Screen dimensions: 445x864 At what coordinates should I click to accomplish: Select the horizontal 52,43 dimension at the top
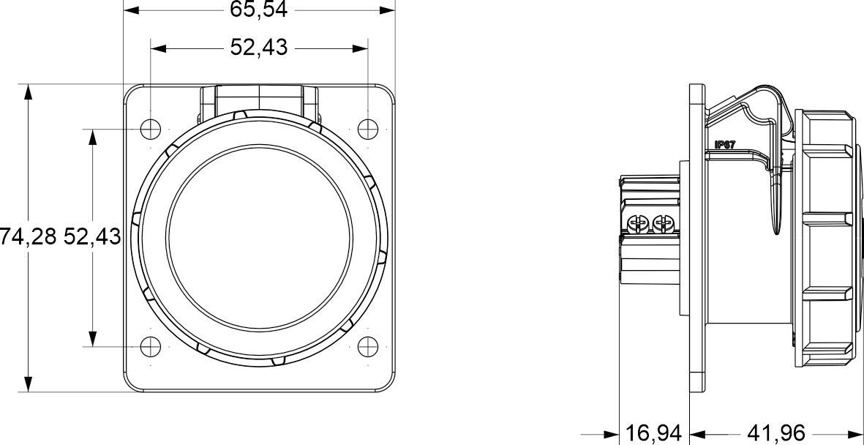[259, 48]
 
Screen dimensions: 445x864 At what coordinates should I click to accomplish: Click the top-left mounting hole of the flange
[150, 128]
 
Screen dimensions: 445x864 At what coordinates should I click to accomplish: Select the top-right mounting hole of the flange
[368, 128]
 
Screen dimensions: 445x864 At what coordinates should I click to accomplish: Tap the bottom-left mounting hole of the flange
[150, 346]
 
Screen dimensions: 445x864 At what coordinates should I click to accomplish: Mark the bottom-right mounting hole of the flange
[368, 346]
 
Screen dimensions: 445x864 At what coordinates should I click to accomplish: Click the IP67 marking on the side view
[724, 145]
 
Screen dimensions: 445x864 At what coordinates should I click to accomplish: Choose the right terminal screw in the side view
[663, 222]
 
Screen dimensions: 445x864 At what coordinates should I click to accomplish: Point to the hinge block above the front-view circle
[259, 99]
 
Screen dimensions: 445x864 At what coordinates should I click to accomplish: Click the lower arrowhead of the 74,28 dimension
[28, 385]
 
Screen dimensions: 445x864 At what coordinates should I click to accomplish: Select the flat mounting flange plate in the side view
[698, 238]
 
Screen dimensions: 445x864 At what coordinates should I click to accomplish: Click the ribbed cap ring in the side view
[827, 238]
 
